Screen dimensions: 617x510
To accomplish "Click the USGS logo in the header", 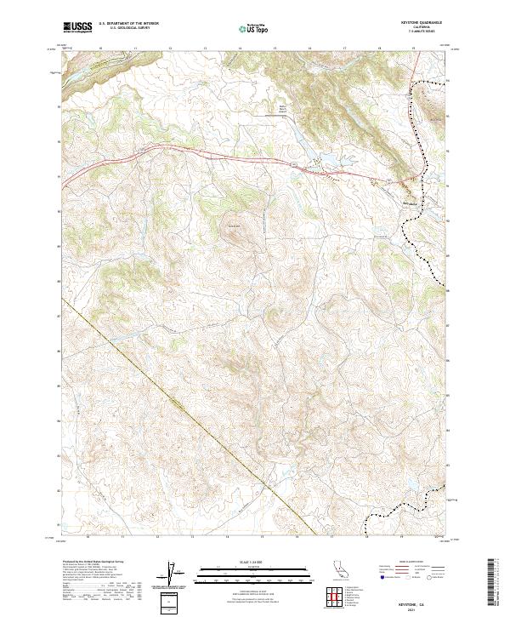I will click(76, 28).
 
